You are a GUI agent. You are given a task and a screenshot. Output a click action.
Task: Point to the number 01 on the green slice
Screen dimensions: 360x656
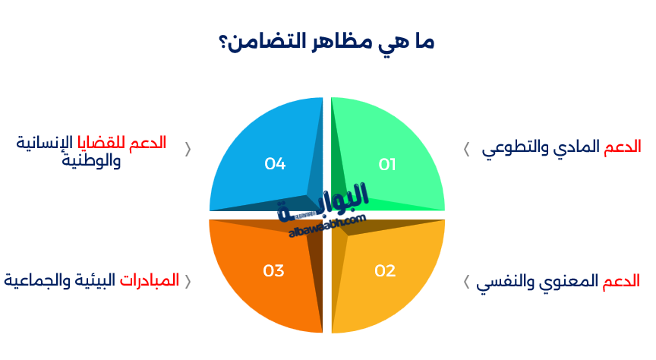click(387, 164)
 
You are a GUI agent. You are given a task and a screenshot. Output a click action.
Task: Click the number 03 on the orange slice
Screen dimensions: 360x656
click(273, 270)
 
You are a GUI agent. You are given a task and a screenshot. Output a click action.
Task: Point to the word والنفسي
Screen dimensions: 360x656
click(508, 283)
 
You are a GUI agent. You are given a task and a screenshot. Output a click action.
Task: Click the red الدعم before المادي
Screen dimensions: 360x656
click(623, 147)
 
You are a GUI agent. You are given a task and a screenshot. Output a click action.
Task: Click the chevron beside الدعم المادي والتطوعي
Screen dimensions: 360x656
click(466, 148)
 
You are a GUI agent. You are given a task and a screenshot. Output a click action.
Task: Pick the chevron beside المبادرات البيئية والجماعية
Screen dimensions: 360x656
click(188, 281)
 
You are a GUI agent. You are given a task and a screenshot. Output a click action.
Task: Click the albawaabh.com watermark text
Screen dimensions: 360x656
click(328, 226)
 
